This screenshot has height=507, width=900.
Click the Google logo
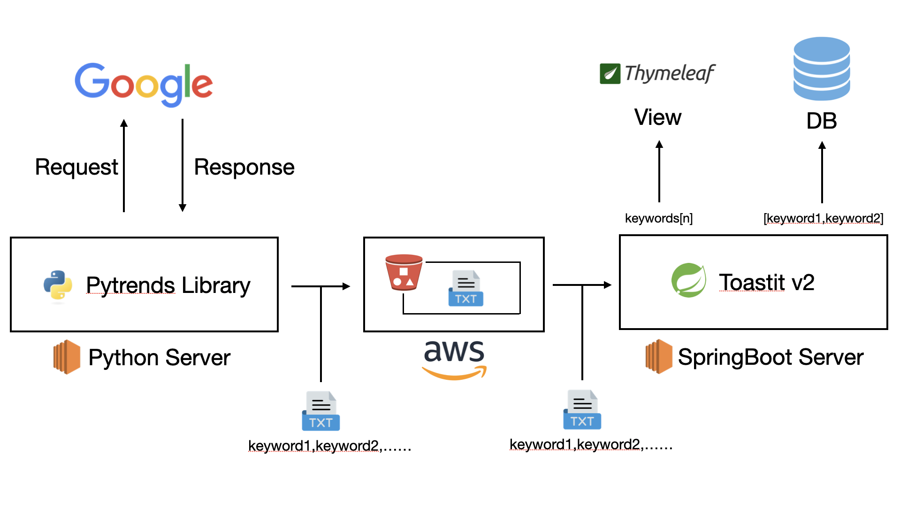tap(144, 84)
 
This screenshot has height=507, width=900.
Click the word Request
tap(76, 167)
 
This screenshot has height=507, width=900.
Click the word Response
tap(244, 167)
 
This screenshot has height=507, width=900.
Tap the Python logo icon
tap(58, 285)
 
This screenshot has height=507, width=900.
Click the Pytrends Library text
tap(168, 285)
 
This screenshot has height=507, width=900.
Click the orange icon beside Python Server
tap(67, 357)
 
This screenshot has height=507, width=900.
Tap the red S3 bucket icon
tap(404, 272)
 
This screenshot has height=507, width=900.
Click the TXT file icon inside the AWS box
tap(465, 288)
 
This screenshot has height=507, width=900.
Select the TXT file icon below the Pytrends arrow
tap(320, 411)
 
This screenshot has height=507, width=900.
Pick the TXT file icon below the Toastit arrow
tap(582, 410)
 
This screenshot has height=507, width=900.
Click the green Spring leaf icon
tap(688, 280)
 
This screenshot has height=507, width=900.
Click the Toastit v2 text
tap(766, 283)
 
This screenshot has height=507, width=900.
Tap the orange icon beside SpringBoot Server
tap(659, 356)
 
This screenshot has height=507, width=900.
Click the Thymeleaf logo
tap(657, 74)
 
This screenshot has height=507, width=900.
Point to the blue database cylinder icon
tap(821, 69)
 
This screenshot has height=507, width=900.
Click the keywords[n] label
tap(658, 218)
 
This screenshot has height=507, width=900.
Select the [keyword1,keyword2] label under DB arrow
tap(823, 218)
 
